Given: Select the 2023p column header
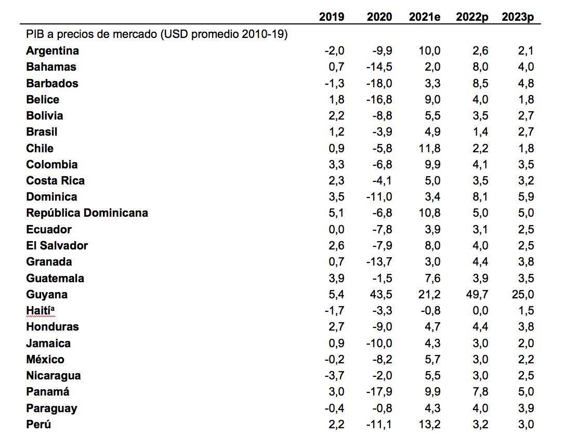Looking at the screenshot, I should point(518,17).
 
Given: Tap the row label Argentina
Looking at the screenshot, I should point(52,51).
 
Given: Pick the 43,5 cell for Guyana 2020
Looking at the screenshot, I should point(379,295).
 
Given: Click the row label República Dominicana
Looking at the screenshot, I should point(87,213).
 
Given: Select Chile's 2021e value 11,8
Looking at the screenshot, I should point(429,148).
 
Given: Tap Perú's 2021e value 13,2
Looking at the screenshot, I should point(429,425).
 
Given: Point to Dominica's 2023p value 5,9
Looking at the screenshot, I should point(526,197).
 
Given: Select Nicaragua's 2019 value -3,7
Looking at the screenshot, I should point(335,376).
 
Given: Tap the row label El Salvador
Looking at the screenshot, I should point(57,246).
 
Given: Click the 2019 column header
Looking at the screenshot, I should point(332,17).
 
